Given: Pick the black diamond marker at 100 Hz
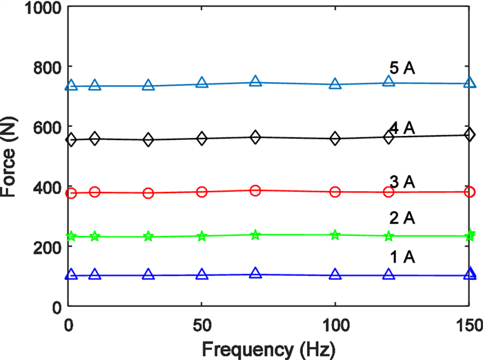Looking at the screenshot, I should (335, 138).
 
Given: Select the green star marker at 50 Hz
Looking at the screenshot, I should (201, 236).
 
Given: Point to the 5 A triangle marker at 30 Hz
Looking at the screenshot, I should (148, 86).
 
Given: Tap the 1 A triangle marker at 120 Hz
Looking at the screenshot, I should (388, 274).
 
